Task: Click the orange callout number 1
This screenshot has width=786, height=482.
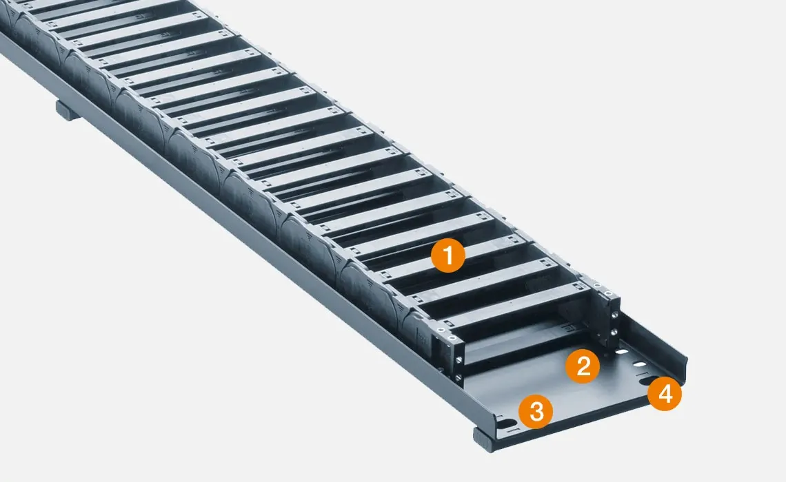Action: coord(447,257)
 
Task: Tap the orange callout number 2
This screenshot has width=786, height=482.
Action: coord(583,366)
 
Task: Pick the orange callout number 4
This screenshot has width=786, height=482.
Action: coord(664,394)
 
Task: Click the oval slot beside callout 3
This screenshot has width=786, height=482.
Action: coord(509,422)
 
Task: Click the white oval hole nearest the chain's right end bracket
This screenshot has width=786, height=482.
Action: coord(622,353)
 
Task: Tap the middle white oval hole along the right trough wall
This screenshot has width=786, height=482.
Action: coord(639,362)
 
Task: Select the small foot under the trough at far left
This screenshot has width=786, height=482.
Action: coord(68,110)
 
